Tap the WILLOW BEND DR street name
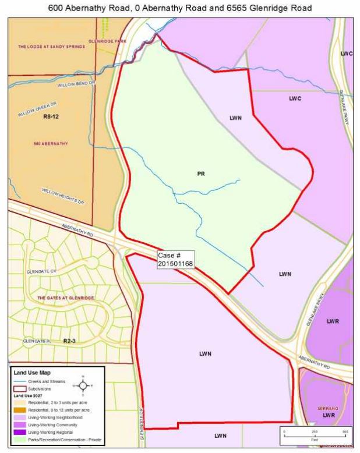pos(76,84)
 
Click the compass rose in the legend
pos(83,385)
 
